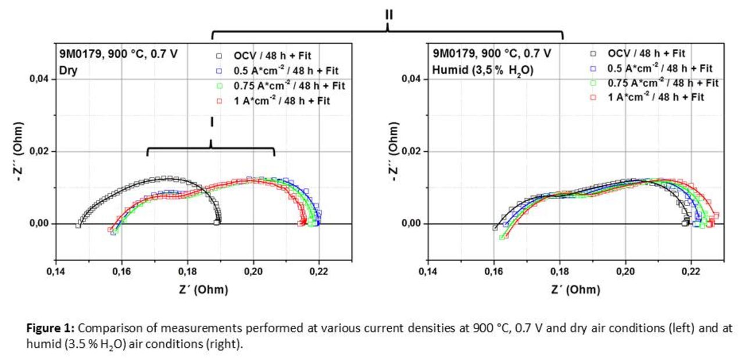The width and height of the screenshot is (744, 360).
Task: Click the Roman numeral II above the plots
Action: [388, 15]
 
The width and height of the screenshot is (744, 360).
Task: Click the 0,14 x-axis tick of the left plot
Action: [56, 272]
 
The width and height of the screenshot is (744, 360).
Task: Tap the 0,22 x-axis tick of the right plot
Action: [691, 272]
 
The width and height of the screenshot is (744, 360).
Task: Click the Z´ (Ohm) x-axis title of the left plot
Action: [203, 290]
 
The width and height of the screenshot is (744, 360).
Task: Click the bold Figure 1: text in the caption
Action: [51, 328]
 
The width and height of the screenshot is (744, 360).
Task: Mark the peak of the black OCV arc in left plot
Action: [166, 178]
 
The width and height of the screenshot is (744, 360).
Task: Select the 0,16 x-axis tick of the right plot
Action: [494, 272]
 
